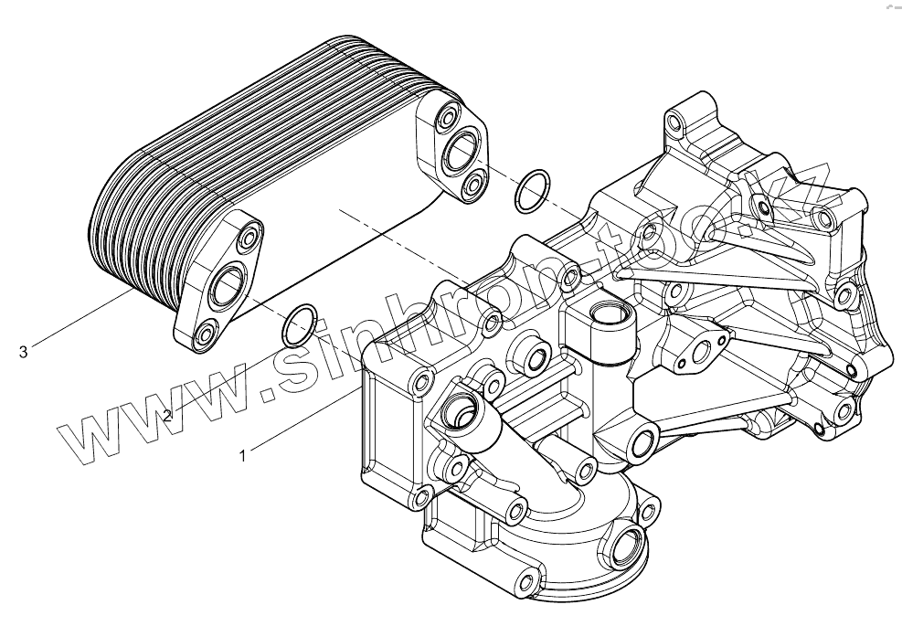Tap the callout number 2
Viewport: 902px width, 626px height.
coord(166,416)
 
